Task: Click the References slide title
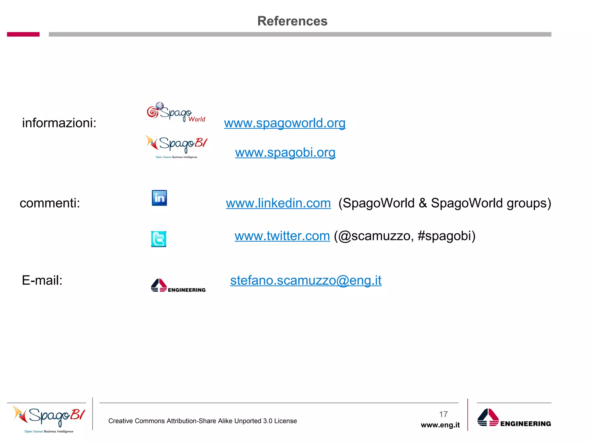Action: coord(292,21)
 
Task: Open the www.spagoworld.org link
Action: coord(285,123)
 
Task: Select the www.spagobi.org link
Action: coord(285,153)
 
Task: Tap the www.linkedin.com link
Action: coord(278,203)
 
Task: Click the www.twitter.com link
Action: coord(282,236)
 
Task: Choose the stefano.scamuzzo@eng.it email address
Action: coord(306,280)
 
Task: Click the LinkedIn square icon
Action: coord(159,198)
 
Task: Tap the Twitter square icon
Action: coord(159,239)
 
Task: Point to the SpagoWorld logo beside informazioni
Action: coord(176,112)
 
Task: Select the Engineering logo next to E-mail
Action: coord(178,286)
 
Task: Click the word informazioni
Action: coord(59,123)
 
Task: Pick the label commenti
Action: coord(50,203)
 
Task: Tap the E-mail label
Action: coord(42,280)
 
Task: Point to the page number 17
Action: coord(443,414)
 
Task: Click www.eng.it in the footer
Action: coord(440,425)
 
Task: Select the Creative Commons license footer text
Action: coord(202,421)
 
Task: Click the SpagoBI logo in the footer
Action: coord(49,418)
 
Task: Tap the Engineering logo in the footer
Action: coord(514,418)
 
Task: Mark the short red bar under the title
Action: coord(23,34)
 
